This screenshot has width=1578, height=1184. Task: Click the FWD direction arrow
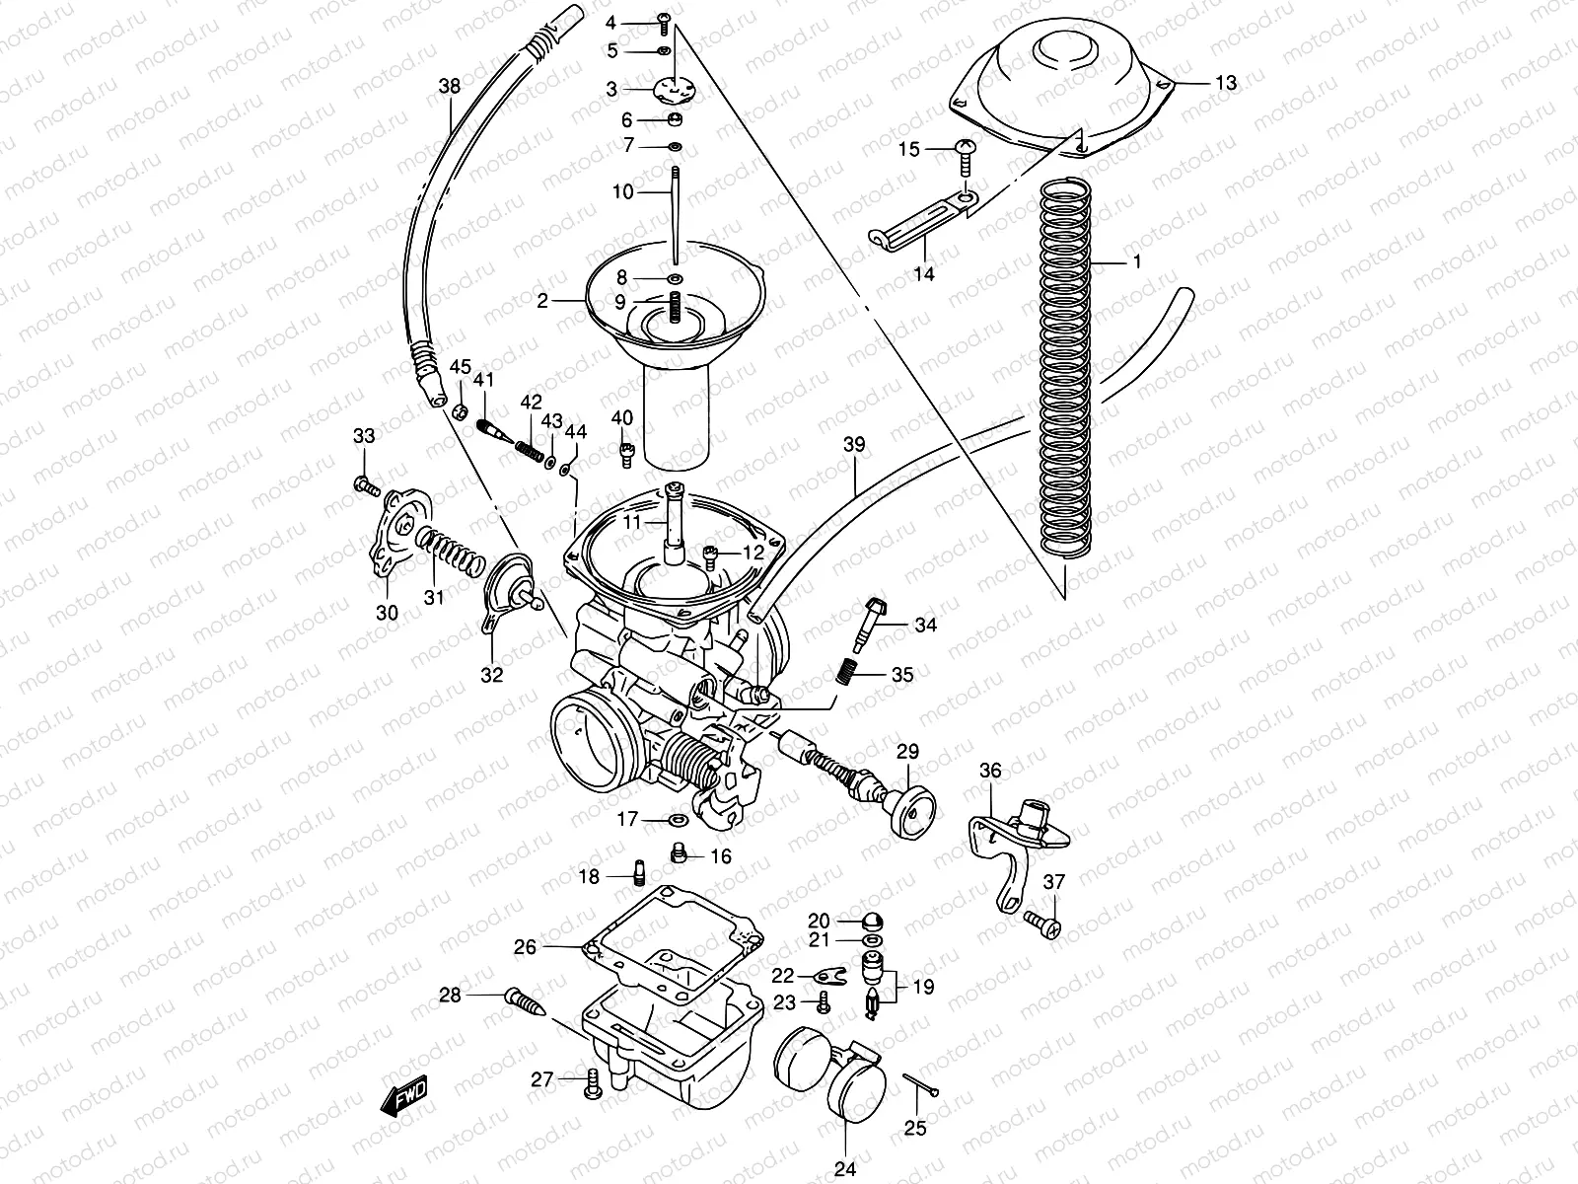pos(404,1096)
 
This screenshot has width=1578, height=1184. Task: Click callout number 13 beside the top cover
pos(1224,84)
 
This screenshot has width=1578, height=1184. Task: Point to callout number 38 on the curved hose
pos(450,87)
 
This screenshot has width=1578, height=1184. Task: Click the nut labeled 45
pos(460,409)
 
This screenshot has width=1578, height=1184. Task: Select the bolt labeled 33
pos(365,484)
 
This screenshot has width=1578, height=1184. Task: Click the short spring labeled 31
pos(450,550)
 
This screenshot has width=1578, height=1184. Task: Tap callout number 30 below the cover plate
pos(387,613)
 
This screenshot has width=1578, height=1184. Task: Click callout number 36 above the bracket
pos(990,770)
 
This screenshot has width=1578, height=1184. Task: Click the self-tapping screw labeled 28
pos(526,1003)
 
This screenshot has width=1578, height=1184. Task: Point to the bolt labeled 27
pos(592,1082)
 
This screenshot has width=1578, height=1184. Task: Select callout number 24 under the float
pos(845,1170)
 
